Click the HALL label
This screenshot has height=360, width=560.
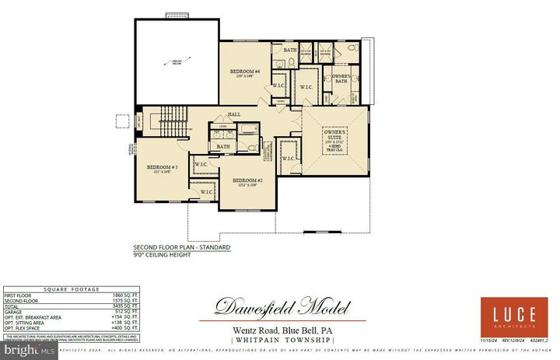pyautogui.click(x=234, y=114)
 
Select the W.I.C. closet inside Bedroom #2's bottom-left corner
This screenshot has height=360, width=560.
pyautogui.click(x=207, y=191)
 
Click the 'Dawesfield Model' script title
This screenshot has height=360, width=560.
pyautogui.click(x=282, y=307)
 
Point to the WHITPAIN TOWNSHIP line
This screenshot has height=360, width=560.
pyautogui.click(x=282, y=340)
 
